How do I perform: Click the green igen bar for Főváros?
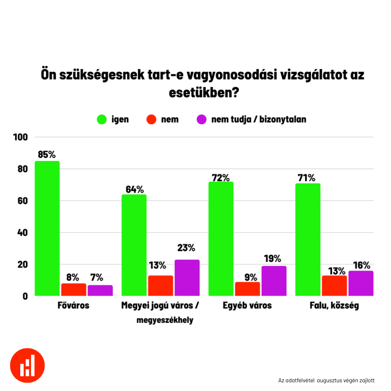(x=47, y=228)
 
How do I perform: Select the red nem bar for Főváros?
(x=73, y=290)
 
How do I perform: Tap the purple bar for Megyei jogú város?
(x=187, y=278)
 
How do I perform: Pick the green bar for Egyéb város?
(x=221, y=239)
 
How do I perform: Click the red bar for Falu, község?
(x=334, y=286)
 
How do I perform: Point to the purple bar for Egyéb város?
(x=274, y=281)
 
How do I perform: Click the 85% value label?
(x=47, y=155)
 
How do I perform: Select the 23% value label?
(x=186, y=248)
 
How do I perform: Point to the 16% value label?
(x=361, y=265)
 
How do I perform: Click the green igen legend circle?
(x=102, y=119)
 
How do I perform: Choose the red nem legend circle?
(x=151, y=119)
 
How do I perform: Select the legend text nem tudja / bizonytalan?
(x=258, y=119)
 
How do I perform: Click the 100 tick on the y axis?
(x=20, y=137)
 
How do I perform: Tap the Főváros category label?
(x=73, y=306)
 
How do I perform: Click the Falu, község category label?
(x=334, y=306)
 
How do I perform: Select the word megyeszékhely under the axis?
(x=165, y=320)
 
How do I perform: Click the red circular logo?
(x=28, y=365)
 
